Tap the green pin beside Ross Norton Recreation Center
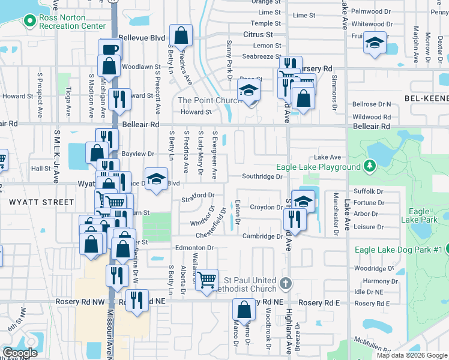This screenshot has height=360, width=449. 29,22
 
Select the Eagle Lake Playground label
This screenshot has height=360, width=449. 319,167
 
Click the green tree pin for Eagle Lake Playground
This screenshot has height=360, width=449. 370,166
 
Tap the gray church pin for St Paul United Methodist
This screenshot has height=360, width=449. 286,282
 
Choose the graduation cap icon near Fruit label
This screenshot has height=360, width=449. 375,43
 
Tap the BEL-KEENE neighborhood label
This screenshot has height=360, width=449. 423,98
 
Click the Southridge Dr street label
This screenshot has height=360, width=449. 262,177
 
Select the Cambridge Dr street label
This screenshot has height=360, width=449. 262,236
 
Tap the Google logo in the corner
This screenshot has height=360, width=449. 20,353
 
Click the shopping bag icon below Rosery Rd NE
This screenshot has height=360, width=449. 244,310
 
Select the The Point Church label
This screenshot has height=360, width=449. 206,100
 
